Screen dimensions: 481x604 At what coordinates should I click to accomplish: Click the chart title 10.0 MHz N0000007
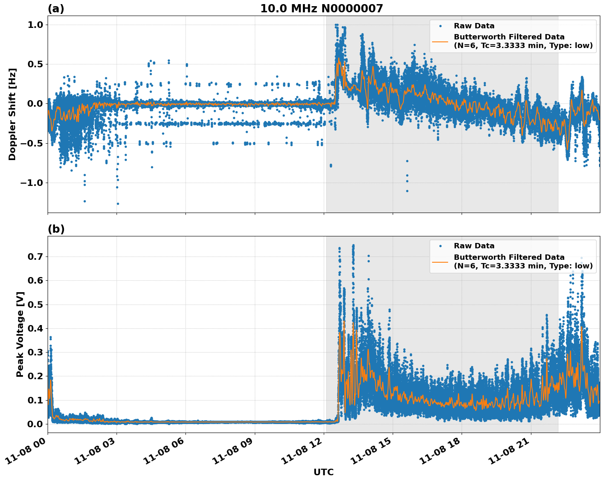click(321, 9)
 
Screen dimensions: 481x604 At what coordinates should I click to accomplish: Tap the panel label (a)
click(56, 9)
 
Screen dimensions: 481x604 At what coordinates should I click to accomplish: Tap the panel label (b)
click(56, 229)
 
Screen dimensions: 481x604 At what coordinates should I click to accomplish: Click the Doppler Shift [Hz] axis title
click(12, 114)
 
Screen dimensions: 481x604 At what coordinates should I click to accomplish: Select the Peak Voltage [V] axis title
click(20, 334)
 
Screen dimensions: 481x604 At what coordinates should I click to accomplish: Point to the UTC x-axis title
click(323, 472)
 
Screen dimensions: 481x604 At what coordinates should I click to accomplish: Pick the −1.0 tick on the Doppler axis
click(32, 183)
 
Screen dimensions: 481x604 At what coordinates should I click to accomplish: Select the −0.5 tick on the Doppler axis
click(32, 143)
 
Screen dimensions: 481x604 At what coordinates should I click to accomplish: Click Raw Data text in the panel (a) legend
click(474, 26)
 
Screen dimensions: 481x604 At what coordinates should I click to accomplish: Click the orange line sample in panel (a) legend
click(440, 41)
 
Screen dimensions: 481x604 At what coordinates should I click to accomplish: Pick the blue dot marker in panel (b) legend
click(440, 246)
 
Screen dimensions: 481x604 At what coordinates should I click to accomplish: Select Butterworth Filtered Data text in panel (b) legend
click(509, 257)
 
